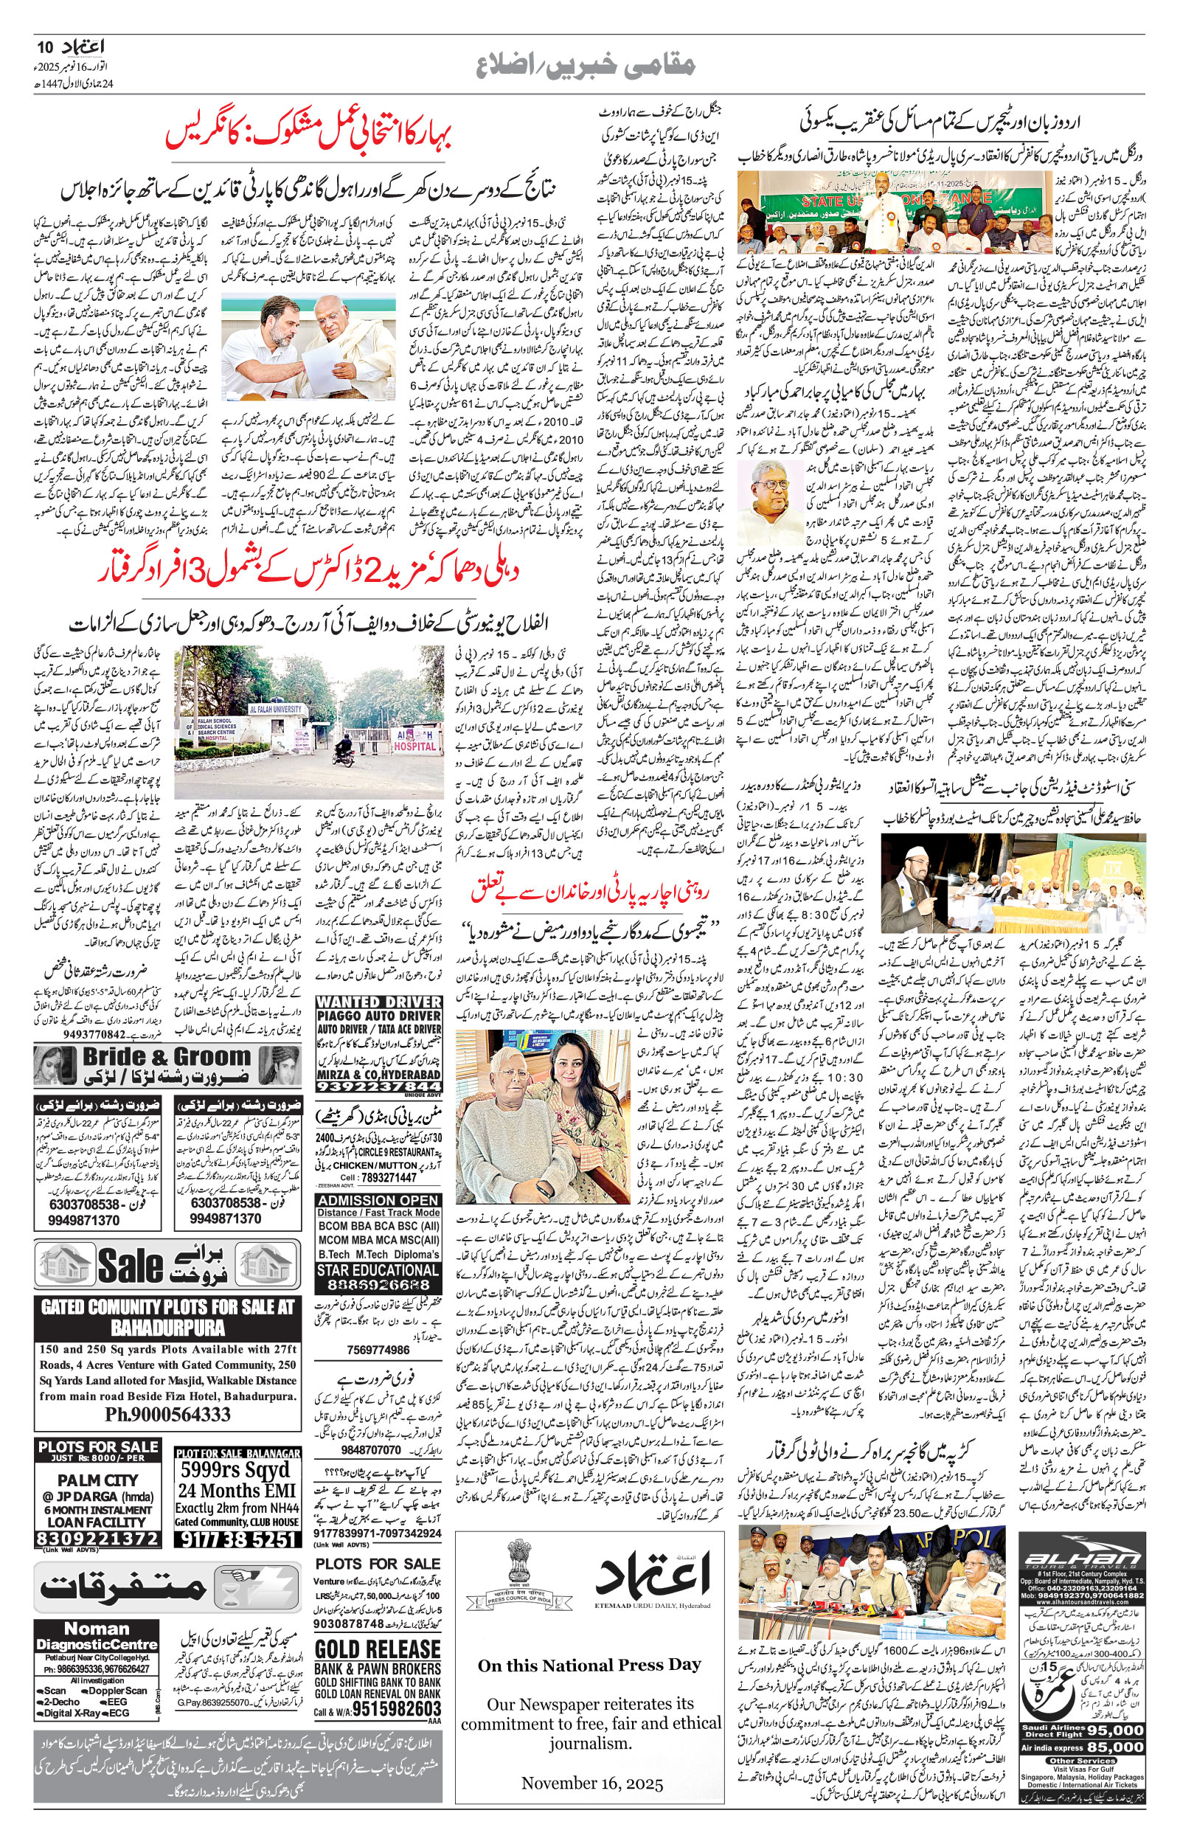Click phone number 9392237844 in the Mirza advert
click(378, 1087)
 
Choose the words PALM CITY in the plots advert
click(97, 1481)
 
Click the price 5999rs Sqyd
click(235, 1470)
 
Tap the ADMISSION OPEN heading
click(378, 1202)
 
